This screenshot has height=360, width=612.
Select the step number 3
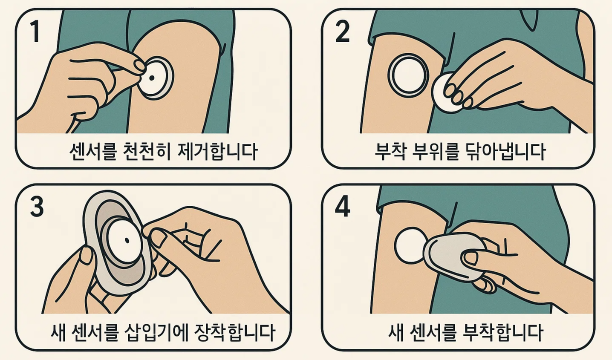37,207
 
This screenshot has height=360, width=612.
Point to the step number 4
343,207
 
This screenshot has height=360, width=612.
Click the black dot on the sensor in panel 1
152,78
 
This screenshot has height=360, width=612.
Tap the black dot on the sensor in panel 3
127,240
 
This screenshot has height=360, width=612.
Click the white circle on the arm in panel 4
410,246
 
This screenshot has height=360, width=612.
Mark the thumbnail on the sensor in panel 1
140,65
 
